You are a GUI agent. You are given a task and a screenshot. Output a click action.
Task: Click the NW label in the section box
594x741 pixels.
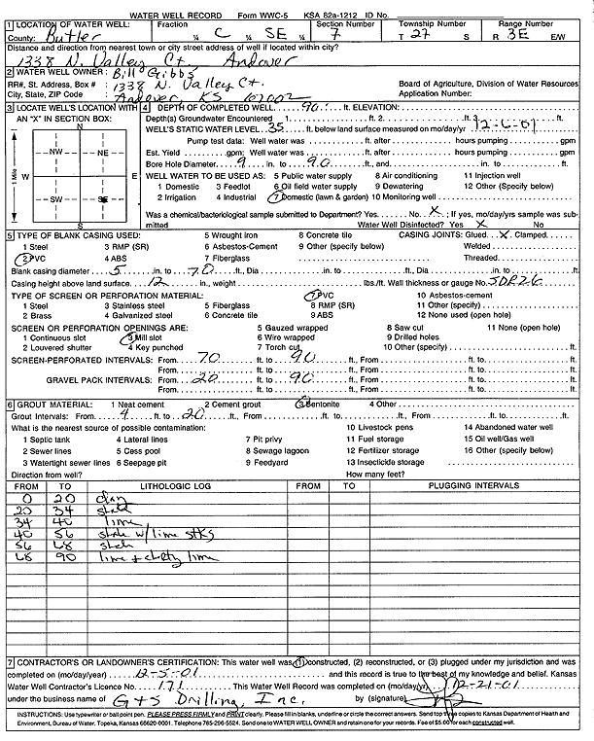click(x=58, y=153)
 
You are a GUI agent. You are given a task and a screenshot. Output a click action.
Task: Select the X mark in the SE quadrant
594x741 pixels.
click(x=102, y=198)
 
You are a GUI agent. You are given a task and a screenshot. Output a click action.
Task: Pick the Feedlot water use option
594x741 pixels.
click(x=237, y=186)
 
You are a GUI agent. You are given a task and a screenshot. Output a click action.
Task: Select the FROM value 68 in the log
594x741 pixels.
click(x=27, y=559)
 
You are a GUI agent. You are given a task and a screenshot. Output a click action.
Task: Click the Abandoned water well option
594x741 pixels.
click(x=508, y=427)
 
